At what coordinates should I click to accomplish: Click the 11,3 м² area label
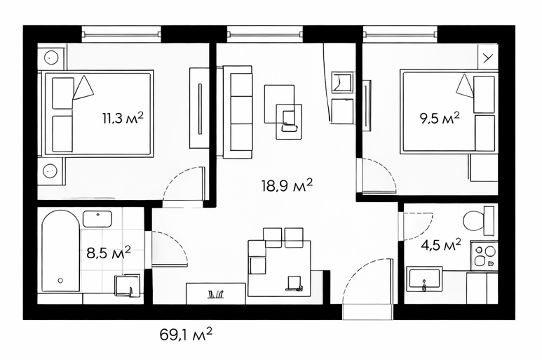(x=123, y=118)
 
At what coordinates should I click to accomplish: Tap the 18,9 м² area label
(x=287, y=185)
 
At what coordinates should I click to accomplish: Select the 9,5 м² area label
(x=440, y=119)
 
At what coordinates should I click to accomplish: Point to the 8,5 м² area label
(x=109, y=253)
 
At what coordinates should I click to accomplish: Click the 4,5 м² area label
(x=441, y=245)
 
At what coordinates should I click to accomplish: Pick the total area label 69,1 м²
(x=186, y=335)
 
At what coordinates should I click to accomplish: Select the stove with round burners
(x=484, y=255)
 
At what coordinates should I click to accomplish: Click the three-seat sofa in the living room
(x=238, y=112)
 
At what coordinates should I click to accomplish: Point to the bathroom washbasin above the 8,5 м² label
(x=97, y=218)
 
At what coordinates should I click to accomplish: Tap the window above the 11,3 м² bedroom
(x=122, y=34)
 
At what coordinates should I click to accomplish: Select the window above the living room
(x=265, y=34)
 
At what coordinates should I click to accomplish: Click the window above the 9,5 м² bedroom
(x=401, y=34)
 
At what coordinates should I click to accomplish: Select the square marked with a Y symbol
(x=488, y=58)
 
